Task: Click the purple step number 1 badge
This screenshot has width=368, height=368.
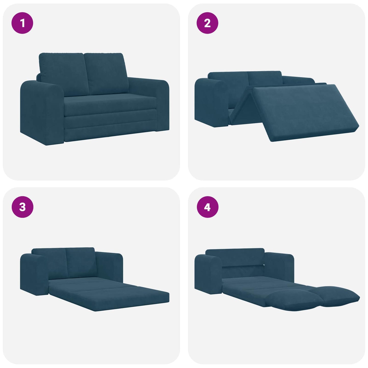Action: click(x=22, y=23)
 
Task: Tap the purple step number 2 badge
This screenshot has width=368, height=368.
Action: click(x=207, y=23)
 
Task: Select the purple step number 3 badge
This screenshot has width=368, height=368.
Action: click(x=22, y=207)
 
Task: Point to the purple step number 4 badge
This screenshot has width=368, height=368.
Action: click(x=207, y=207)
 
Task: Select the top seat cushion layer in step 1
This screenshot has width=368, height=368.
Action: click(x=110, y=106)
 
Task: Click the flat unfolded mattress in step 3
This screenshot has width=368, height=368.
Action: click(x=110, y=293)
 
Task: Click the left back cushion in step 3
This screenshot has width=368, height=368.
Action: click(x=50, y=262)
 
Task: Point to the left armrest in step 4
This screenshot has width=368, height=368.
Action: click(x=208, y=274)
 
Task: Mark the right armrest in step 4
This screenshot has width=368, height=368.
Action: click(x=280, y=265)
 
